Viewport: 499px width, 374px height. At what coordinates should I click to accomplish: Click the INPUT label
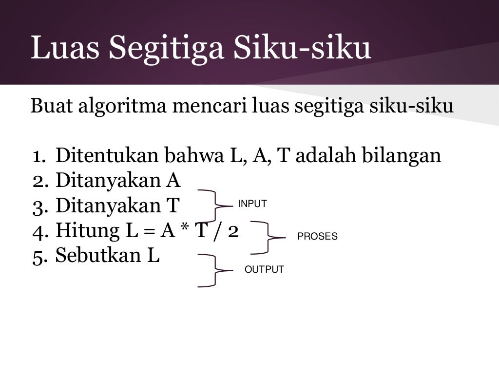tap(252, 204)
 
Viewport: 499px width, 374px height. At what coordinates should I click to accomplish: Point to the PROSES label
tap(317, 237)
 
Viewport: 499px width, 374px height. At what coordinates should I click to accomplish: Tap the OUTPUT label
tap(264, 270)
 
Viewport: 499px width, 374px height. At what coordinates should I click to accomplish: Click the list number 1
tap(38, 156)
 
